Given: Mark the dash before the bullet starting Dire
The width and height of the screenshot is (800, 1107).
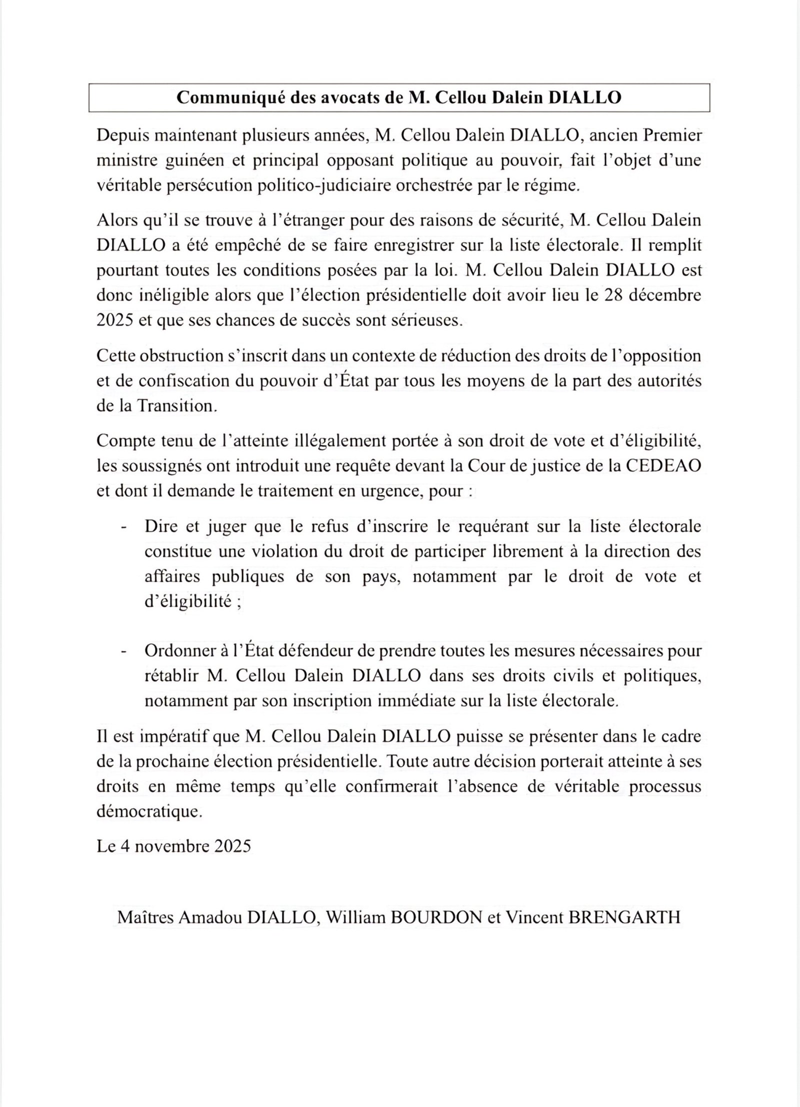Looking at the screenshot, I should click(123, 527).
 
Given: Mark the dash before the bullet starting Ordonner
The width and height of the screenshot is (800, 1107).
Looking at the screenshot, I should click(123, 652).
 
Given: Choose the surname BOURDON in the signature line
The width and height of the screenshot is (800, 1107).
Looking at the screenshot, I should click(434, 917).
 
